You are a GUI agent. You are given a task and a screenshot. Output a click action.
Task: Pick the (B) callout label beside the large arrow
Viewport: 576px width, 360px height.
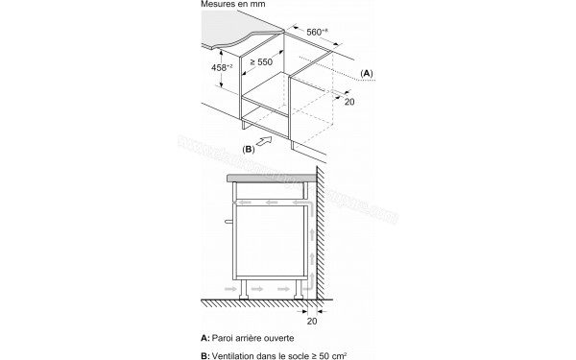click(x=248, y=149)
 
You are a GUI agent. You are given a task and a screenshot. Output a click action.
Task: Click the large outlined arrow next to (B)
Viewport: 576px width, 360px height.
click(x=275, y=142)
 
